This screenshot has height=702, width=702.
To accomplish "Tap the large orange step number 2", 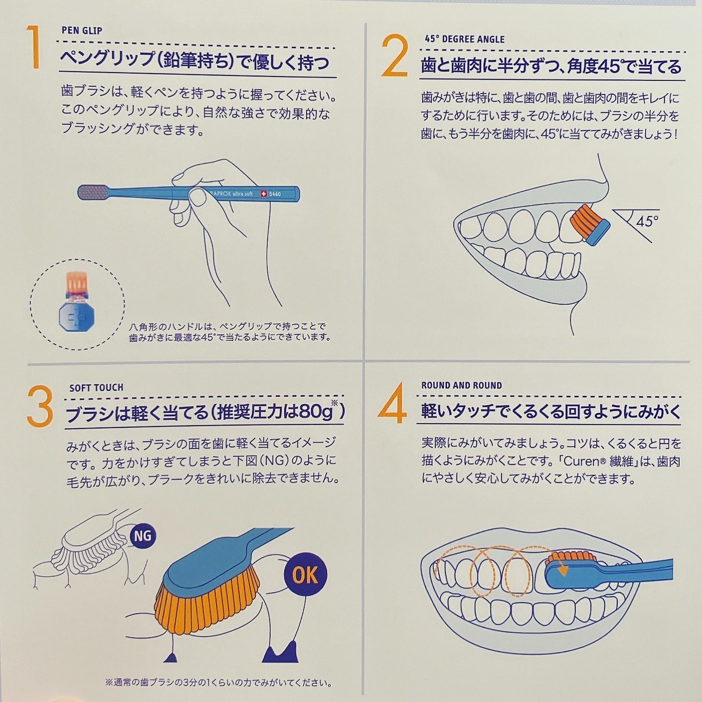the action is [394, 56].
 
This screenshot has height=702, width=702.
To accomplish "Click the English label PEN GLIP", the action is [82, 31].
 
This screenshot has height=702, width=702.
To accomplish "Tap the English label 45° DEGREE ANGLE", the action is [464, 39].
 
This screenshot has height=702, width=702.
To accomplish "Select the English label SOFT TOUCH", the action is [96, 387].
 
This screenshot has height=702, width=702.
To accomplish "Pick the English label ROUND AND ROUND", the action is [461, 386].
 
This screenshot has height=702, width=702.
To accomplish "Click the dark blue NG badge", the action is [143, 536].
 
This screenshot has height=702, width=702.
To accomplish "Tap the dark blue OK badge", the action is [305, 574].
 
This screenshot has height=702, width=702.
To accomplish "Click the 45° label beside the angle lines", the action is [647, 221].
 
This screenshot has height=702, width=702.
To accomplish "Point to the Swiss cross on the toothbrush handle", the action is [263, 194].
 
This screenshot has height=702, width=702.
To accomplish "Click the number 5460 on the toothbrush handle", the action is [275, 194].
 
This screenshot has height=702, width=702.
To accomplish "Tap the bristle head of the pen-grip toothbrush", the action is [93, 192].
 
